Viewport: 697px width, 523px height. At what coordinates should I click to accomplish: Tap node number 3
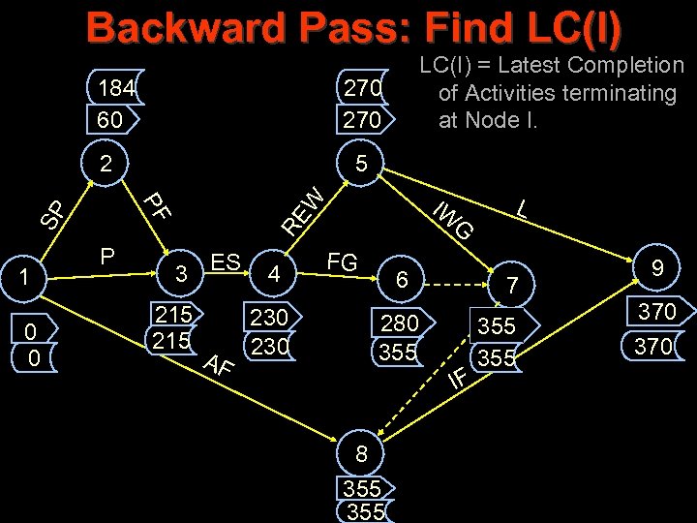(180, 274)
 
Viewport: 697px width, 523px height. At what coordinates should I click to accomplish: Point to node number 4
(275, 274)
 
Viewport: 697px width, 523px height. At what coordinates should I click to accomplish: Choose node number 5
(360, 164)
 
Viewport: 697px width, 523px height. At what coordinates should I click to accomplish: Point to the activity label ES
(226, 262)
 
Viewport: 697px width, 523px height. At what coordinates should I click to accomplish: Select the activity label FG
(343, 261)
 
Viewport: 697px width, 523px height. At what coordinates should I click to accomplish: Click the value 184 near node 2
(116, 88)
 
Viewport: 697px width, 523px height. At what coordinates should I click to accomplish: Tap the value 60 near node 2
(110, 120)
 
